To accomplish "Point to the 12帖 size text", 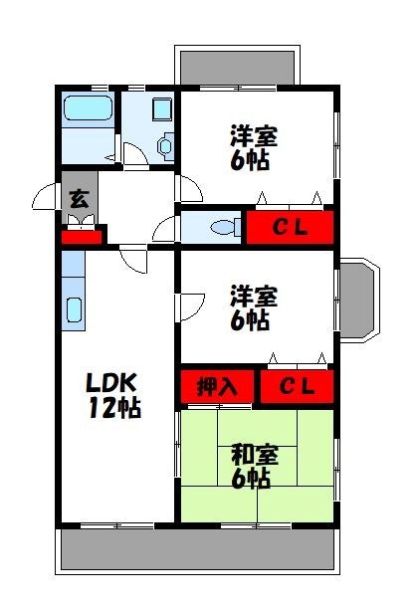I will (112, 408).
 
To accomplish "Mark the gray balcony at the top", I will (236, 66).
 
